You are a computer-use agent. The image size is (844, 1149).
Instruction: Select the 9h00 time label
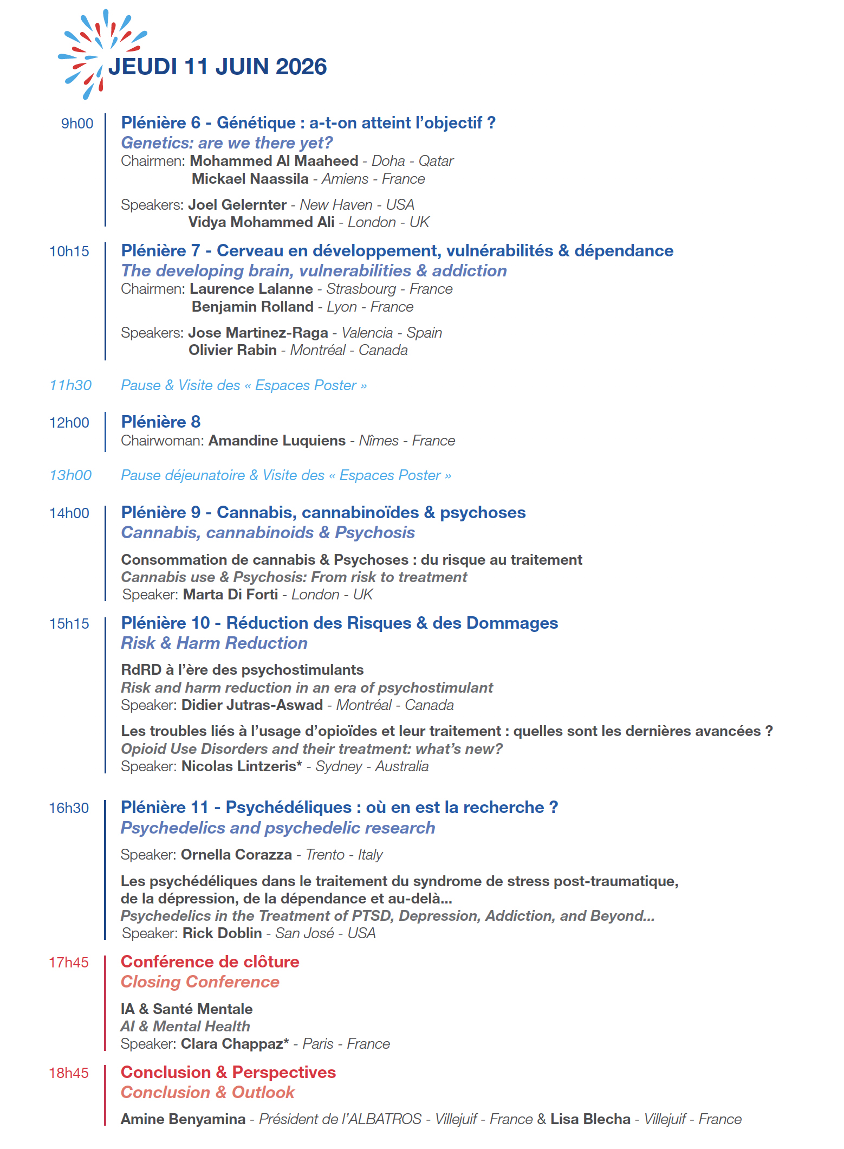[77, 124]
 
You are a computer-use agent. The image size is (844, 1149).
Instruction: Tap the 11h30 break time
[70, 385]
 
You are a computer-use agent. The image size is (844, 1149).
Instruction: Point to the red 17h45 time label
[69, 963]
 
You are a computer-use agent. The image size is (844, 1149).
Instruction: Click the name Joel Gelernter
[237, 205]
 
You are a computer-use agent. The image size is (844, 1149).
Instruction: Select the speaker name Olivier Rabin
[232, 350]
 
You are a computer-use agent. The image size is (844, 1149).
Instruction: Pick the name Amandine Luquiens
[277, 441]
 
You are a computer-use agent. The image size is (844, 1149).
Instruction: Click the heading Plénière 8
[161, 422]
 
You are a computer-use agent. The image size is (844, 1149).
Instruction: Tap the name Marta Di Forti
[230, 595]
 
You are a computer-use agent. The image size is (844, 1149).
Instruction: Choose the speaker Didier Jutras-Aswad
[252, 705]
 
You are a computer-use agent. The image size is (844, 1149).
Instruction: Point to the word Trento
[325, 855]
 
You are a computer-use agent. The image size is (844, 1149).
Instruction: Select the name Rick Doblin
[222, 933]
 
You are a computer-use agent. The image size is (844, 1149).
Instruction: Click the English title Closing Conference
[200, 982]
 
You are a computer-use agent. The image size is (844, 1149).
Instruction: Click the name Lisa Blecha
[590, 1119]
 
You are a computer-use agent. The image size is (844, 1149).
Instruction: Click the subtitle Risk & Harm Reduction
[214, 643]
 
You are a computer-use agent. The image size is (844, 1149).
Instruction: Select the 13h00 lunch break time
[70, 475]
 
